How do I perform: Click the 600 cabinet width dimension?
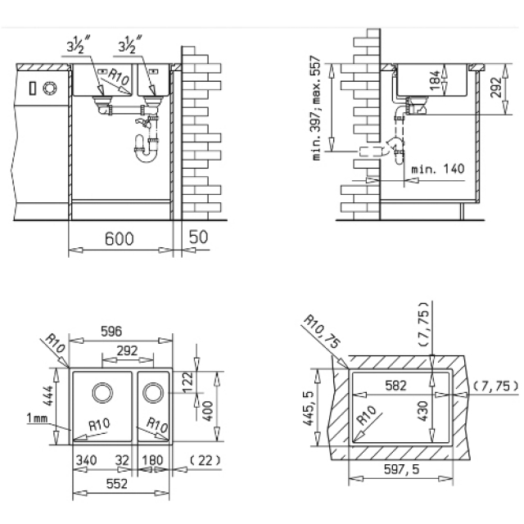tap(119, 238)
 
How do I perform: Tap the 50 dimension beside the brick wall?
tap(198, 237)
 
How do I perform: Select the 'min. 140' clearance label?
tap(438, 169)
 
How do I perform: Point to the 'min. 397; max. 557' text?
tap(317, 108)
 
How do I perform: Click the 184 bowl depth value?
tap(435, 80)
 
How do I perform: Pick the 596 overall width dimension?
tap(111, 331)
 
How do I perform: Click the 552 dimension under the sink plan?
tap(116, 484)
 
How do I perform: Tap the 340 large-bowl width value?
tap(86, 460)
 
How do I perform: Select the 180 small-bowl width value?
tap(152, 460)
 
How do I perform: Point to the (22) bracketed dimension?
tap(205, 460)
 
